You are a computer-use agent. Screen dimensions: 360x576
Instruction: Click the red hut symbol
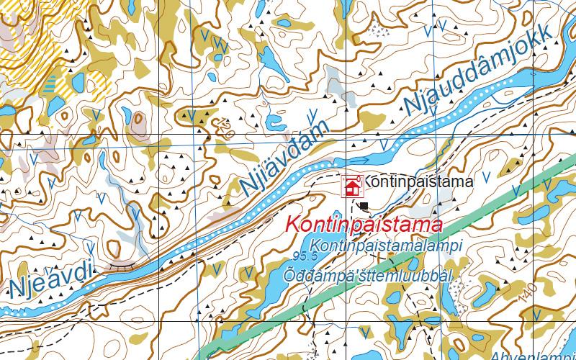(x=352, y=186)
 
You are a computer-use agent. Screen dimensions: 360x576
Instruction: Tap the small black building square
(x=363, y=207)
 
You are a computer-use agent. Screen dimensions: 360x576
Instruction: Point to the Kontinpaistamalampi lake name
(x=388, y=246)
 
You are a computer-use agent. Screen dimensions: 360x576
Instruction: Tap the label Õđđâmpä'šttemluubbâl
(x=367, y=275)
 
